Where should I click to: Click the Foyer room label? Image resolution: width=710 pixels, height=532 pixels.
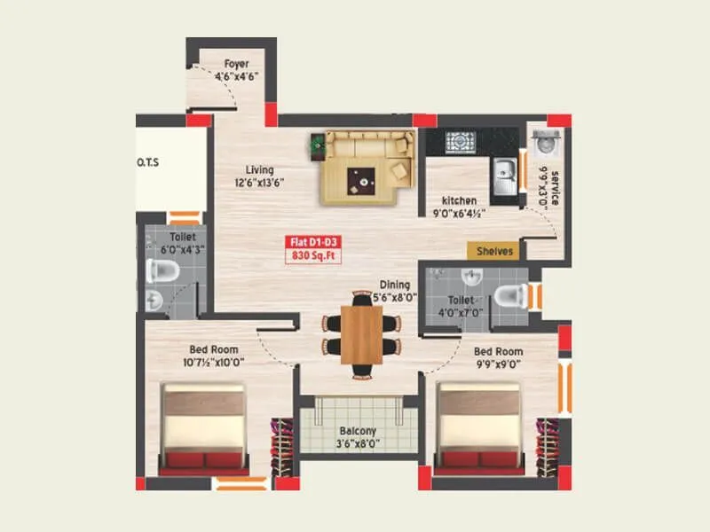[235, 64]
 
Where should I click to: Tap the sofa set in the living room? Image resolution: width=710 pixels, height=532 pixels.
[367, 165]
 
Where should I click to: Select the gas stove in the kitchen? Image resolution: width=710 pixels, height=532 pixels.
[461, 142]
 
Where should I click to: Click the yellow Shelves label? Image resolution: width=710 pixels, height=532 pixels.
[494, 251]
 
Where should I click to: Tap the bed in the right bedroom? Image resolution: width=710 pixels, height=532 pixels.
[477, 426]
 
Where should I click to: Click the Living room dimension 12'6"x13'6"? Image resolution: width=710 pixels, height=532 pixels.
[259, 183]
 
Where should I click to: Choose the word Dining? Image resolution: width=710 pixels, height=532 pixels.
[395, 285]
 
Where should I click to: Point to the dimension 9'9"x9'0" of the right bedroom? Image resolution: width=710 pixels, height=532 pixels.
[497, 364]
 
